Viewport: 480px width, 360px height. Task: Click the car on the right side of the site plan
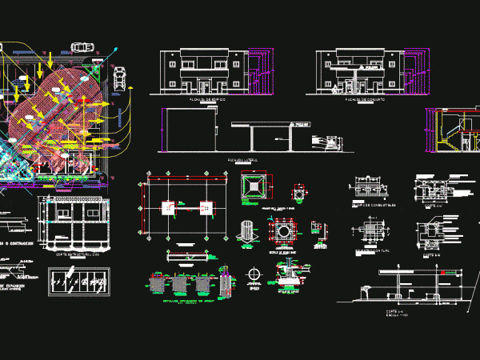point(120,78)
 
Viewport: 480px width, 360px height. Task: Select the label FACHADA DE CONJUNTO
point(362,100)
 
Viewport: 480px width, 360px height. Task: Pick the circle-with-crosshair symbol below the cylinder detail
point(255,273)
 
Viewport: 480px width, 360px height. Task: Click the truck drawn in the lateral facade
point(329,141)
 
